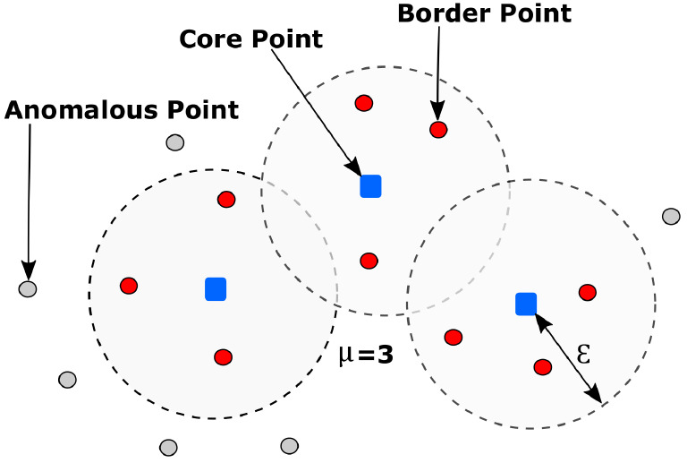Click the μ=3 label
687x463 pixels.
click(366, 355)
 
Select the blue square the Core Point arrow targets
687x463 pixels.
click(370, 185)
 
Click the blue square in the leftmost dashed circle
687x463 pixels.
click(216, 288)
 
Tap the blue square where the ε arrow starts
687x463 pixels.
click(526, 304)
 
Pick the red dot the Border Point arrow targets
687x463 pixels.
click(438, 130)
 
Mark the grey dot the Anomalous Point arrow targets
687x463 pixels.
click(28, 289)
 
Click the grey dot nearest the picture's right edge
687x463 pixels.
click(671, 216)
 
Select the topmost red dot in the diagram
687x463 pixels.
click(363, 103)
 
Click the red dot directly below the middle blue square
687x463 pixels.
click(369, 261)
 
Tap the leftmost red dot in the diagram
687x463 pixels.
click(129, 286)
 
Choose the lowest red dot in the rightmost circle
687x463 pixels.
click(542, 366)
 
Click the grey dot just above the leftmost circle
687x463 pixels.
click(175, 142)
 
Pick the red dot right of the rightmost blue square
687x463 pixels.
click(588, 292)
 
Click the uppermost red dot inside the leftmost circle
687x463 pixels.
click(226, 199)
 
